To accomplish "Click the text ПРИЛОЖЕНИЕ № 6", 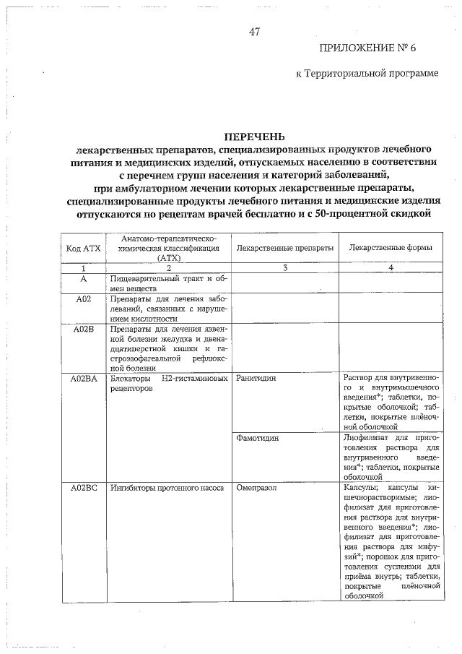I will click(367, 48).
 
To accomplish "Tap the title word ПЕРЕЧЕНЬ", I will click(254, 136).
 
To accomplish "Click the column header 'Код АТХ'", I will click(83, 248).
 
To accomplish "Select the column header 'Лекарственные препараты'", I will click(285, 248).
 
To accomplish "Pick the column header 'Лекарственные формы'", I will click(391, 248).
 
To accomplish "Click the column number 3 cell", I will click(285, 268).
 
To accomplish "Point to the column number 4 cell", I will click(391, 268).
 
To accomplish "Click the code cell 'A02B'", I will click(83, 329).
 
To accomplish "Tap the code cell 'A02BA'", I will click(83, 378).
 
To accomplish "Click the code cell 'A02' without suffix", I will click(83, 298).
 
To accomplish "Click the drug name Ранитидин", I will click(256, 378).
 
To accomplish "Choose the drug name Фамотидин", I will click(258, 438).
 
